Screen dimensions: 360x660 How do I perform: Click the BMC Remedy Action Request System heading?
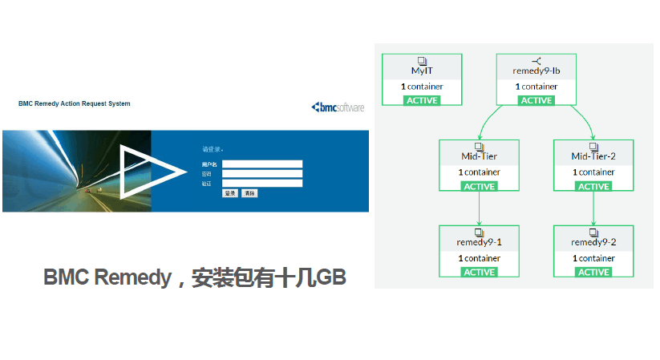pyautogui.click(x=74, y=103)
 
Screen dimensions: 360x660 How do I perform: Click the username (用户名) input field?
pyautogui.click(x=262, y=164)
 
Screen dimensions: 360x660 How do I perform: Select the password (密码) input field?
pyautogui.click(x=262, y=174)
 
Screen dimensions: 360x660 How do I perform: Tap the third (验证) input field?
pyautogui.click(x=262, y=184)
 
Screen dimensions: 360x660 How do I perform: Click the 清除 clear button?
pyautogui.click(x=249, y=193)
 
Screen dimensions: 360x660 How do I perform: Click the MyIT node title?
pyautogui.click(x=422, y=71)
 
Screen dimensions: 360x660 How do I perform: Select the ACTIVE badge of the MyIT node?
pyautogui.click(x=422, y=100)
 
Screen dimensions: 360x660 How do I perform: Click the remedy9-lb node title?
pyautogui.click(x=537, y=71)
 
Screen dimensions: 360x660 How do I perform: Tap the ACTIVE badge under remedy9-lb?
pyautogui.click(x=537, y=100)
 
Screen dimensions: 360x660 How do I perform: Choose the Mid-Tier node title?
pyautogui.click(x=479, y=156)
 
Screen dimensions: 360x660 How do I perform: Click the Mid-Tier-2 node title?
pyautogui.click(x=593, y=156)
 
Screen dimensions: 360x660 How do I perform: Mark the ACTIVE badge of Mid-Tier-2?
pyautogui.click(x=593, y=186)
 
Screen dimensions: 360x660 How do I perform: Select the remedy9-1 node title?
pyautogui.click(x=479, y=242)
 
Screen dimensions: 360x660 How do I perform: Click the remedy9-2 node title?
pyautogui.click(x=593, y=242)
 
